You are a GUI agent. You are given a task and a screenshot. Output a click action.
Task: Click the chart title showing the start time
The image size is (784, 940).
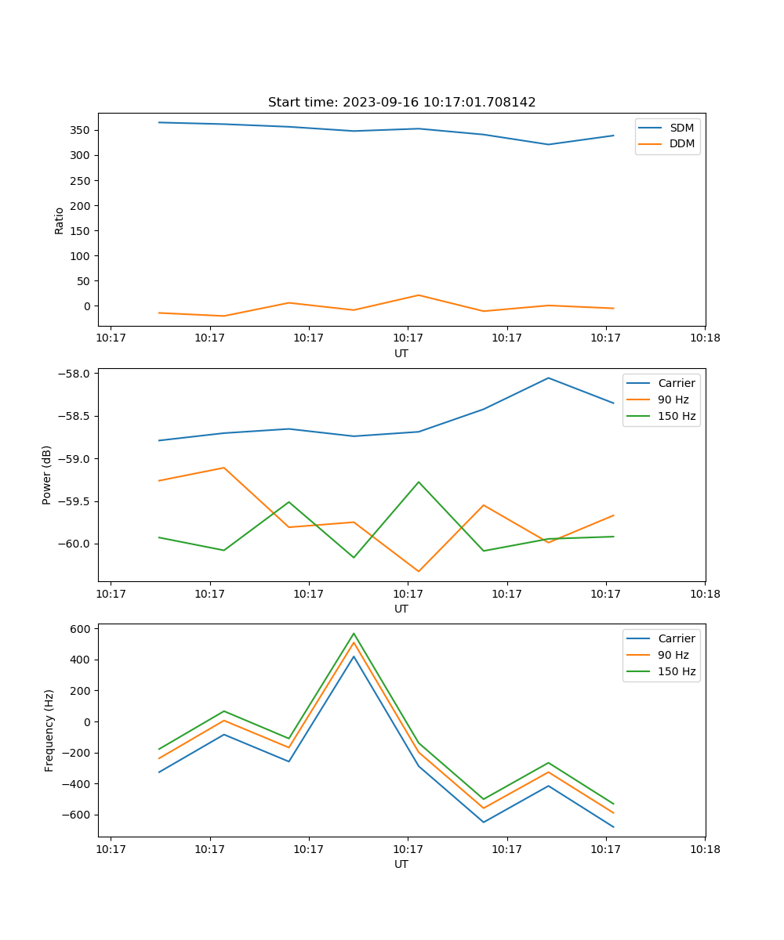tap(401, 103)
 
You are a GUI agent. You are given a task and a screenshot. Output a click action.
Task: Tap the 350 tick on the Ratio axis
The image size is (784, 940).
tap(82, 130)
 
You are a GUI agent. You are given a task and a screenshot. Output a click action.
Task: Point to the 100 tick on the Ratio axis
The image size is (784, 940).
tap(82, 256)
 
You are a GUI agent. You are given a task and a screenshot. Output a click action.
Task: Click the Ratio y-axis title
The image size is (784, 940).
tap(60, 220)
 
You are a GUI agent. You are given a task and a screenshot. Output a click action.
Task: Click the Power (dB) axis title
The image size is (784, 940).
tap(48, 475)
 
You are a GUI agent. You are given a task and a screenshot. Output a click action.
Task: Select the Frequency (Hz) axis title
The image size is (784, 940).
tap(49, 730)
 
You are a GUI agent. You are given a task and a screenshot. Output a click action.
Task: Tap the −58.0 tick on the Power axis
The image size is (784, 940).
tap(76, 374)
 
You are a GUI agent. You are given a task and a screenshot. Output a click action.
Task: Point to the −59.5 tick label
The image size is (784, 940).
tap(76, 501)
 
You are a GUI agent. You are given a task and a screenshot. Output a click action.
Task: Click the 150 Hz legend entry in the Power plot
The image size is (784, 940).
tap(677, 416)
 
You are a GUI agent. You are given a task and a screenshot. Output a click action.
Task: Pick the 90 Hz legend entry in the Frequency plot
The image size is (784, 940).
tap(673, 655)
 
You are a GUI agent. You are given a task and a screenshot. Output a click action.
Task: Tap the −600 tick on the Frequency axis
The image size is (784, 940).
tap(79, 815)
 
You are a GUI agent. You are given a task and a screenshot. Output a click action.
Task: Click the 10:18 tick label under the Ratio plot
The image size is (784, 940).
tap(704, 338)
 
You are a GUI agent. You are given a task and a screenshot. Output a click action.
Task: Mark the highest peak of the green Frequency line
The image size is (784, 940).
tap(354, 633)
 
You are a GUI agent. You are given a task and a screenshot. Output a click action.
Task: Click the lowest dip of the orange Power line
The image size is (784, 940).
tap(418, 571)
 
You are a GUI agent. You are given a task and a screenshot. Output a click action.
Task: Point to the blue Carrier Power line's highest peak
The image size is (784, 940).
tap(548, 378)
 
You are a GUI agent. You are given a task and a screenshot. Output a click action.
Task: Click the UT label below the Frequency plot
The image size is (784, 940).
tap(401, 864)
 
